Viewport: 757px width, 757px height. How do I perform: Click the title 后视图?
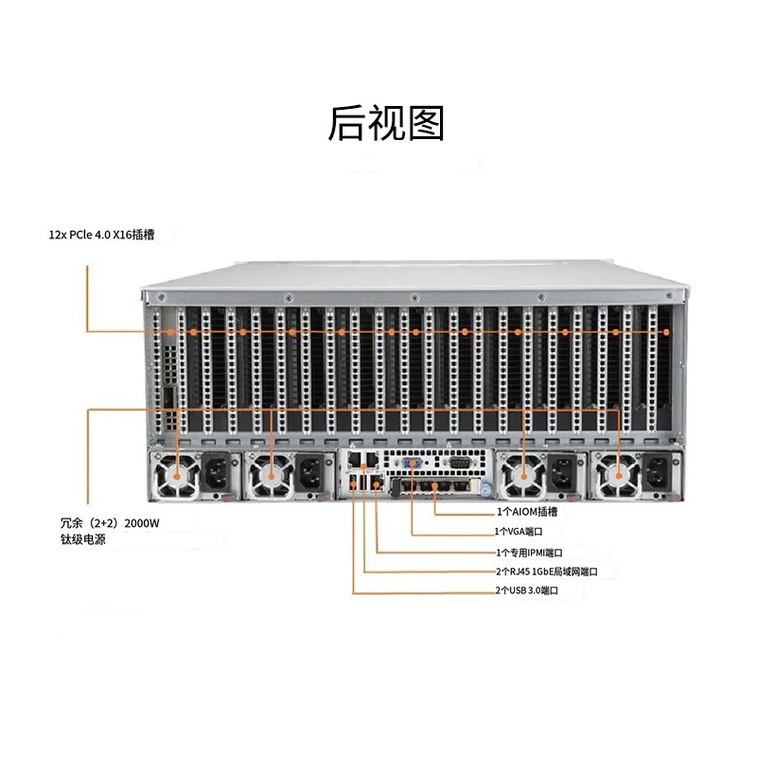[x=386, y=124]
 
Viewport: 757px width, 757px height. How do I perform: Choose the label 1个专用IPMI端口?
[x=530, y=552]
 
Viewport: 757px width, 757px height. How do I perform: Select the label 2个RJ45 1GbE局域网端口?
[x=546, y=572]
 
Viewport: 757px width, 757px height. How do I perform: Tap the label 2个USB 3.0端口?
[x=527, y=591]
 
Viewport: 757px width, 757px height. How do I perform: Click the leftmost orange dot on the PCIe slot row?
[x=171, y=332]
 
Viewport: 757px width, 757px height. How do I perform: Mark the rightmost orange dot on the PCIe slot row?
[x=666, y=332]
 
